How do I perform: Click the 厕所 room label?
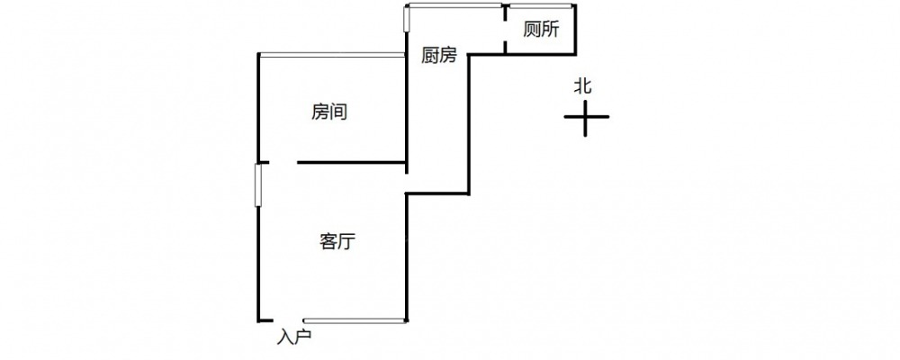[541, 29]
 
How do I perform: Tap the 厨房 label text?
[439, 56]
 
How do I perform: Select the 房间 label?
[329, 112]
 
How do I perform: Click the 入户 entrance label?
[294, 337]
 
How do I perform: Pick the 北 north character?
[583, 86]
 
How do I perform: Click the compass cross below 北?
[586, 117]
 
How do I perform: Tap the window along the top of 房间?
[331, 55]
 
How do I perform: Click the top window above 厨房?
[454, 6]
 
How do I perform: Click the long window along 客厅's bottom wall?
[355, 320]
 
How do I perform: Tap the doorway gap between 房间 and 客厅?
[278, 163]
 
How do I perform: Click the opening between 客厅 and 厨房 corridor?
[407, 182]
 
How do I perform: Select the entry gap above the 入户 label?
[288, 320]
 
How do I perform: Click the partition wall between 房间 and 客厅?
[351, 163]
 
